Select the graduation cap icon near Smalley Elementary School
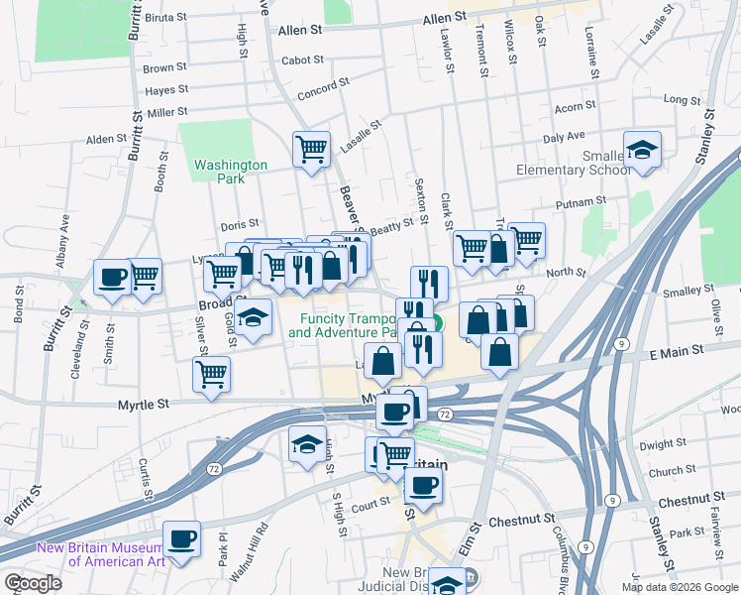tap(643, 151)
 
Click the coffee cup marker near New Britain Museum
tap(181, 540)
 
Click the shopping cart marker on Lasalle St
tap(311, 151)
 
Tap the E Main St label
tap(676, 351)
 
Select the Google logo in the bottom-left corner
tap(32, 583)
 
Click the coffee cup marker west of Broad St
tap(112, 278)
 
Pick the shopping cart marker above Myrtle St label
tap(211, 376)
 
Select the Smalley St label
tap(681, 292)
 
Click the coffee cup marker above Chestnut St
tap(423, 486)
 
